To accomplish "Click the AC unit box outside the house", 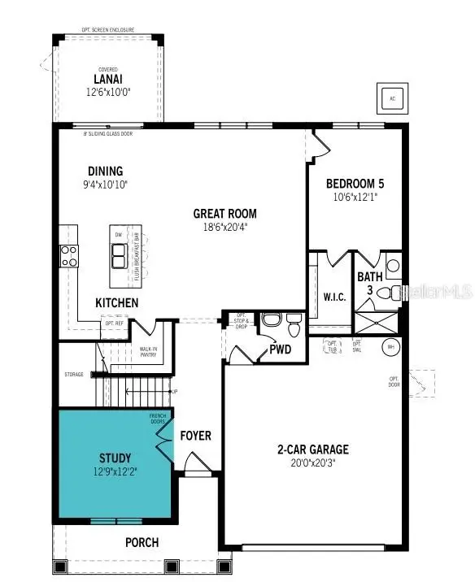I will click(x=391, y=98).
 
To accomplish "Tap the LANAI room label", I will click(x=107, y=80).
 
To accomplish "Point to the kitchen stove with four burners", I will click(x=68, y=256).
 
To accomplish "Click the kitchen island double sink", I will click(x=119, y=256).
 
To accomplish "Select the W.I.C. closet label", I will click(x=334, y=297).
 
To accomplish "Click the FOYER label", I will click(x=195, y=436).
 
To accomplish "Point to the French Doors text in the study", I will click(x=157, y=419).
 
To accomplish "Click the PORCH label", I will click(x=142, y=542).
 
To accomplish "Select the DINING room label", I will click(x=105, y=171).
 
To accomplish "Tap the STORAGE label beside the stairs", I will click(x=74, y=375).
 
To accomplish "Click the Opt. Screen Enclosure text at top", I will click(x=107, y=29).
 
